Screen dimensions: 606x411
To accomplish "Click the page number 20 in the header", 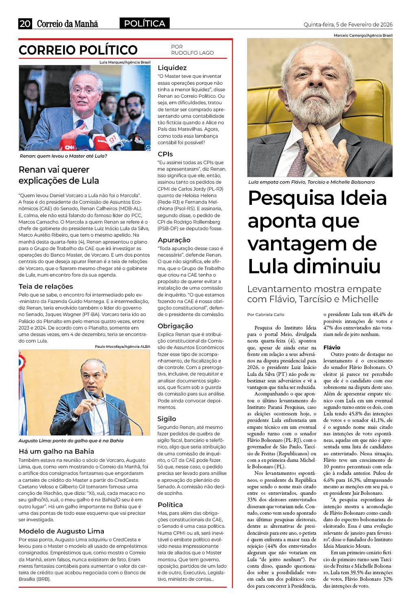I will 25,24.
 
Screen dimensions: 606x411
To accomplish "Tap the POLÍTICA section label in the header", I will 144,24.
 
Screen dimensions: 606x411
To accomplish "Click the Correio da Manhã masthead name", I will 68,24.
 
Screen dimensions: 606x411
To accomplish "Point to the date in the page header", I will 348,24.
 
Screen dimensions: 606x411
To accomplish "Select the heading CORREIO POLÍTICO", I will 78,50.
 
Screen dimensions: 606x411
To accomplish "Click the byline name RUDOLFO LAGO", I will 192,53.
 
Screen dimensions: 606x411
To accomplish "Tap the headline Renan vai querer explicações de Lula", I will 59,175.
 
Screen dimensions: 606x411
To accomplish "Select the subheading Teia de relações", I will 46,286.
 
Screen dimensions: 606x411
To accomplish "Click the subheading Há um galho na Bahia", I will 56,451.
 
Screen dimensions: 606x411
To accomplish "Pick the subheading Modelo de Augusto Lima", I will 61,531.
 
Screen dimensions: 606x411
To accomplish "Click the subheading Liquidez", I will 172,68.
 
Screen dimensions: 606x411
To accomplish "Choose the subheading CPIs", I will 165,154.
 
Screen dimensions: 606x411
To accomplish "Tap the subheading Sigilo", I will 167,419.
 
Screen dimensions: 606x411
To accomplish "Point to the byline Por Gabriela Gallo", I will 266,314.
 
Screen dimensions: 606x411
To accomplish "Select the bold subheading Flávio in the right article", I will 332,347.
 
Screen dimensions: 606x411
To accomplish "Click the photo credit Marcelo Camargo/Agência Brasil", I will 363,35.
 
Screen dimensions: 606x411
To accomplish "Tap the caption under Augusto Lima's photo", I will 71,441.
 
